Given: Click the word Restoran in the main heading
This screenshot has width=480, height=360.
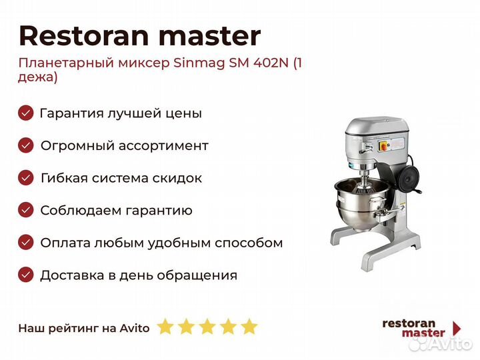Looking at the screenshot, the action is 84,36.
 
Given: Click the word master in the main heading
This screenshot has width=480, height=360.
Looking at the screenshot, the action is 210,37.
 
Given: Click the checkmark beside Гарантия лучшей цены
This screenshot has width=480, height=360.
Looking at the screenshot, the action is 26,113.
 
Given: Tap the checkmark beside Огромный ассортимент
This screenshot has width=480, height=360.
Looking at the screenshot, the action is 26,145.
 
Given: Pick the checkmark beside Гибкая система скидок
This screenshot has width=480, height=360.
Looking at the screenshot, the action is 26,178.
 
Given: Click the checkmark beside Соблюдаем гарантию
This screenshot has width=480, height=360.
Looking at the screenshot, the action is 26,210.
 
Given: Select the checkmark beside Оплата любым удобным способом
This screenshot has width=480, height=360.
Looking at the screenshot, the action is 26,243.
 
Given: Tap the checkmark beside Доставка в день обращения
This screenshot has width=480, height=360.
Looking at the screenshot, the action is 26,275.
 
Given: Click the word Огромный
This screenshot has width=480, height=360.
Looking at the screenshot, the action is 77,146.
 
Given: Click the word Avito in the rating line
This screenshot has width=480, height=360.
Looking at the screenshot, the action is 135,328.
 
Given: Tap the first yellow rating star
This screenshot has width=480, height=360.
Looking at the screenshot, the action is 165,326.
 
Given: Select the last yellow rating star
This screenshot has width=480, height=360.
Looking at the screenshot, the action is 249,326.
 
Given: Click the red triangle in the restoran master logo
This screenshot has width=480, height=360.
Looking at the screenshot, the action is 457,328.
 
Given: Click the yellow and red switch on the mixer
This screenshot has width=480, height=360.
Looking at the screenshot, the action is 385,146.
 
